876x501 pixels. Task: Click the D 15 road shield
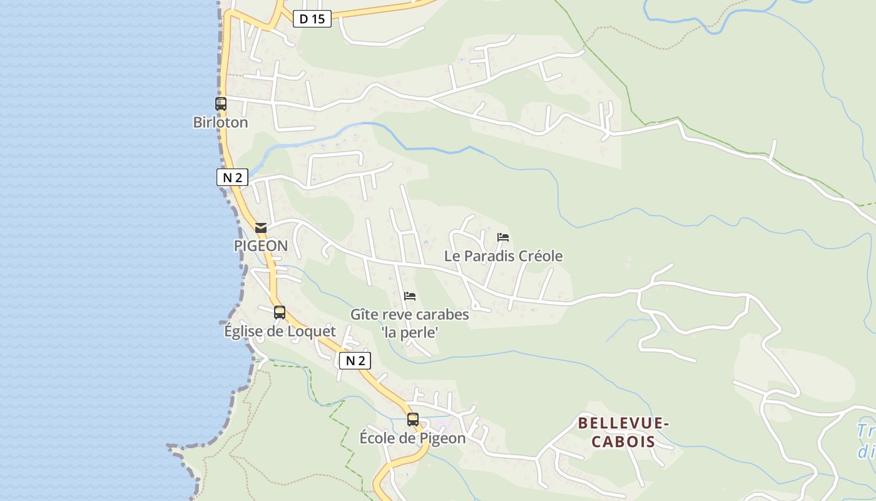pos(312,19)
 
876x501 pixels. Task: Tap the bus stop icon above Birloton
pos(221,104)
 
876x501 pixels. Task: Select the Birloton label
pos(220,122)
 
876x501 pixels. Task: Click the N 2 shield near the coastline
pos(232,177)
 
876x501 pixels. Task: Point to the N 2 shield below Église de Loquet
pos(355,360)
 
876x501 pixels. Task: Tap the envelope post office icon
pos(261,228)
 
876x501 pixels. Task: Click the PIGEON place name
pos(261,245)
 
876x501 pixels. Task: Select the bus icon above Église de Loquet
pos(280,312)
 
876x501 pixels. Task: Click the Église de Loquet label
pos(280,331)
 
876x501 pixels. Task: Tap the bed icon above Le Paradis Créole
pos(503,237)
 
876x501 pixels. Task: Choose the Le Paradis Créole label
pos(503,256)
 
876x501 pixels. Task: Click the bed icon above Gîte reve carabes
pos(410,296)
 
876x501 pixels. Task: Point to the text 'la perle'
pos(409,333)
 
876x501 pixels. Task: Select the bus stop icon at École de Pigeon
pos(413,420)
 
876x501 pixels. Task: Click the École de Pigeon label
pos(412,438)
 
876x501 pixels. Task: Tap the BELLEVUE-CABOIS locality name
pos(623,432)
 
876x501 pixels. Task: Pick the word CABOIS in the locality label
pos(623,442)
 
